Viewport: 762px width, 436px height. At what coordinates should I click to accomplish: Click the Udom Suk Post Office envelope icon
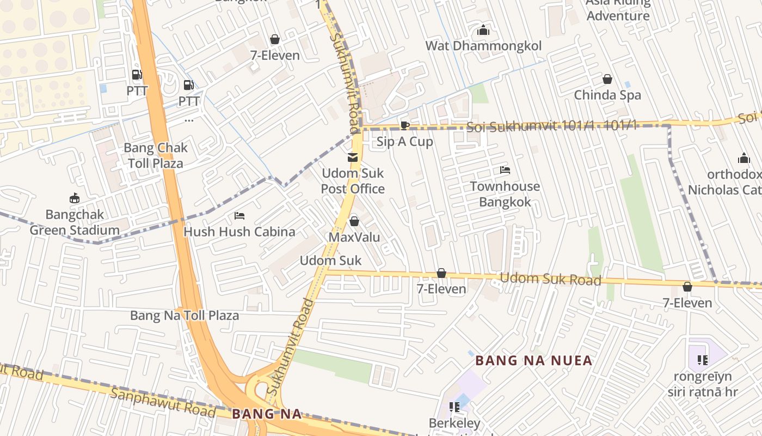(353, 158)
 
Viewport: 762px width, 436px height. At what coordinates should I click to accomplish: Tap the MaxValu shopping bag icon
(354, 221)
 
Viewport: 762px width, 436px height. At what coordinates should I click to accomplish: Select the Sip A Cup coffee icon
(404, 126)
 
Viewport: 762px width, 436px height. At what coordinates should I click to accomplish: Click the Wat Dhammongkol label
(483, 46)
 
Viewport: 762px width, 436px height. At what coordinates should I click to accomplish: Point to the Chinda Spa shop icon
(607, 80)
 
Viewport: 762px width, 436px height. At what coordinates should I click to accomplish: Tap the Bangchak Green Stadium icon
(75, 198)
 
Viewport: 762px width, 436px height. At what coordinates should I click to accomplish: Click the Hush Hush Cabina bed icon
(239, 216)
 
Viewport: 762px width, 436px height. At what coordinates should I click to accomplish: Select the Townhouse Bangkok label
(505, 194)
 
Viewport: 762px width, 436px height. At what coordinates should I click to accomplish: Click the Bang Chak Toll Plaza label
(155, 155)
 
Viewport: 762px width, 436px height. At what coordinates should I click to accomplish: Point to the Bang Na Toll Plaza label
(185, 316)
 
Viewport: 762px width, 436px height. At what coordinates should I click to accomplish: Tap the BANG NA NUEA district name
(533, 361)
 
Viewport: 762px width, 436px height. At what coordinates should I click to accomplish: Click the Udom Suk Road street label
(550, 279)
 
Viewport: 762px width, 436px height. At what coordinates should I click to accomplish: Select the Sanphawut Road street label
(163, 402)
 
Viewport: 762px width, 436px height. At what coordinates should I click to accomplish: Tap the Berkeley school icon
(454, 407)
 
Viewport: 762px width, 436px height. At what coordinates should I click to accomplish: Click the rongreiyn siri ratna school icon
(702, 360)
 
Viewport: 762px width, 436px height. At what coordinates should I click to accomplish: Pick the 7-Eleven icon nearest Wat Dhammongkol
(275, 39)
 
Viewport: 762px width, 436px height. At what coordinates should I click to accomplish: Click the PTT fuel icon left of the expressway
(137, 75)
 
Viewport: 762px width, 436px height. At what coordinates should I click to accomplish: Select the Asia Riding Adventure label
(618, 9)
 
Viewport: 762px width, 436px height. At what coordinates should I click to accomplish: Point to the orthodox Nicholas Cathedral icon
(743, 159)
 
